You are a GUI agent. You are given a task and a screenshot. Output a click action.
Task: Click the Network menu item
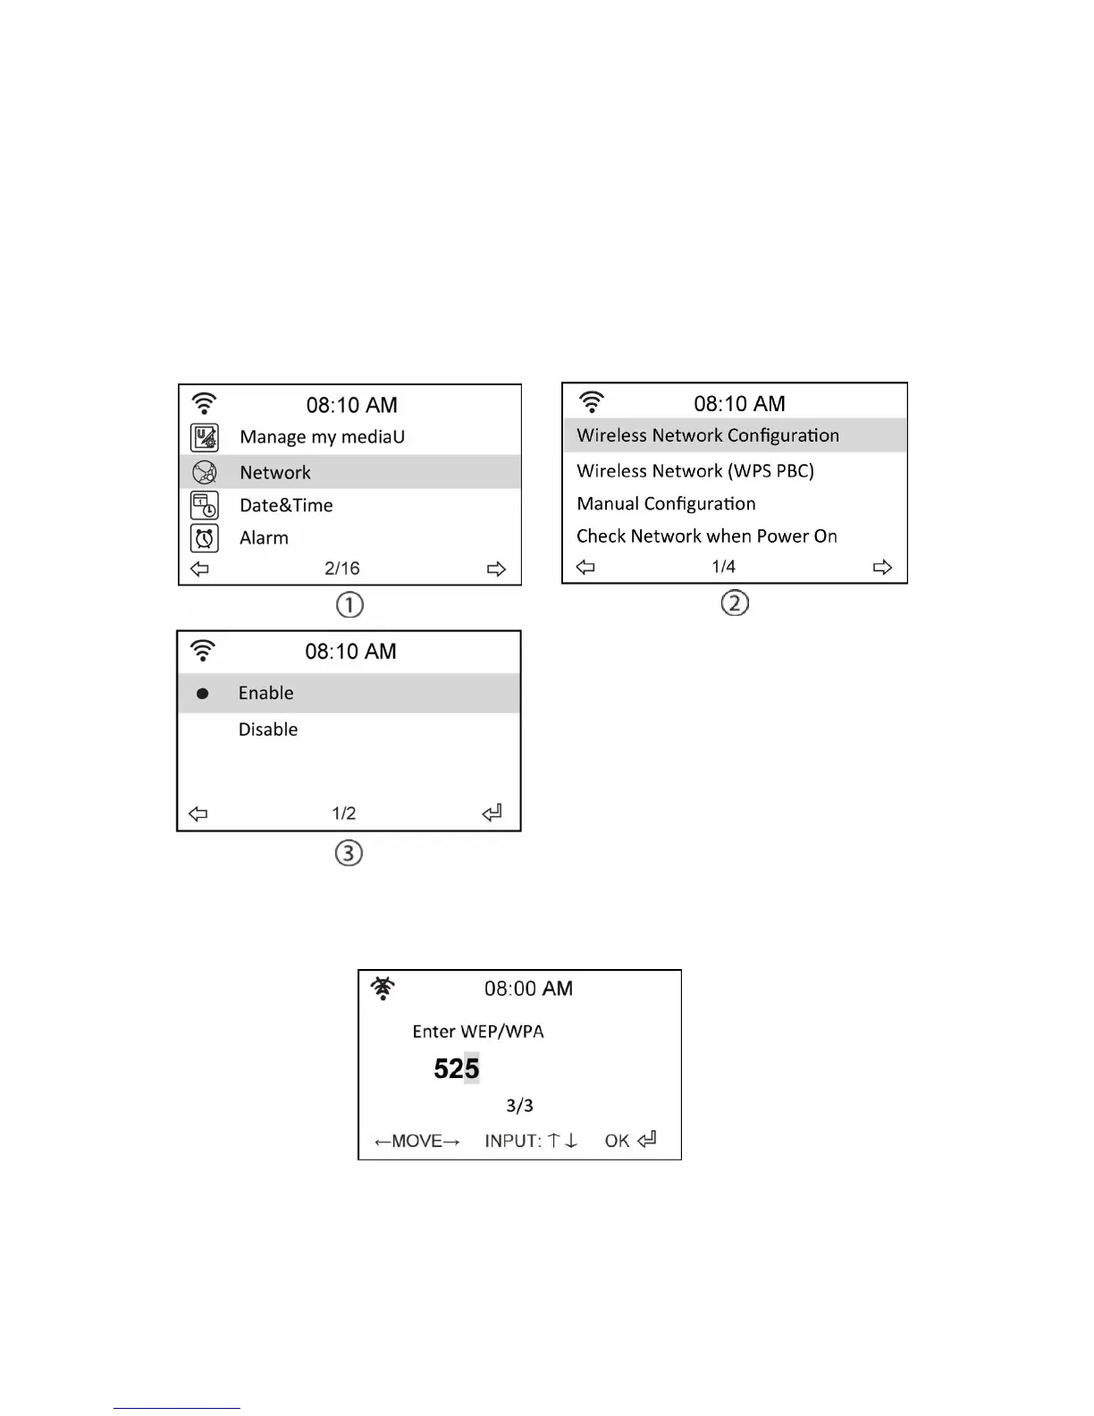pos(275,472)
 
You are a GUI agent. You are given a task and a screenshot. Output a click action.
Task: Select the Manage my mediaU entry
pos(322,437)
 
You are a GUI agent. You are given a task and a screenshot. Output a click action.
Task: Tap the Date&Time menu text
pos(286,505)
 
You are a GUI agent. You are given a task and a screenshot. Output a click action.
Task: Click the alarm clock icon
pos(205,538)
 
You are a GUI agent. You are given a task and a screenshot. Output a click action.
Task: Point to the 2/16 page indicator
pos(342,569)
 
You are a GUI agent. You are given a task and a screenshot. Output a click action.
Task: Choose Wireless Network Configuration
pos(708,435)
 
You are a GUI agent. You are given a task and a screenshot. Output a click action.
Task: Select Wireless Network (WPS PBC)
pos(695,471)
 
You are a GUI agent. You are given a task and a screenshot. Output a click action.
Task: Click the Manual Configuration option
pos(666,503)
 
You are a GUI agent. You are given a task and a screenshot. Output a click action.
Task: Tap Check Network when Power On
pos(707,536)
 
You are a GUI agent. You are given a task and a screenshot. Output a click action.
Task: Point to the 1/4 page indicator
pos(724,567)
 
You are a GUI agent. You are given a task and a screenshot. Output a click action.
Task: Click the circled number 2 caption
pos(735,603)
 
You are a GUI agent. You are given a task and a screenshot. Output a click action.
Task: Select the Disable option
pos(268,729)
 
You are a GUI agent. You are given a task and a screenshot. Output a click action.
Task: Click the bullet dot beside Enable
pos(203,694)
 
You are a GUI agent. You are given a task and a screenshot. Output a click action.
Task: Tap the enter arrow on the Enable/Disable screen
pos(492,813)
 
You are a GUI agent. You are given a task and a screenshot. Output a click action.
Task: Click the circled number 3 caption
pos(349,854)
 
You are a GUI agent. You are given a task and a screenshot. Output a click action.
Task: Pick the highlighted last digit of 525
pos(471,1068)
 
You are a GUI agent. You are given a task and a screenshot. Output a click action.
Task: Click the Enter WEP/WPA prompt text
pos(478,1032)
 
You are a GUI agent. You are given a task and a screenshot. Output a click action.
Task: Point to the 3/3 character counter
pos(519,1106)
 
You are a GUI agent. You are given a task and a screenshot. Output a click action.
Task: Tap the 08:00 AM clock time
pos(528,989)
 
